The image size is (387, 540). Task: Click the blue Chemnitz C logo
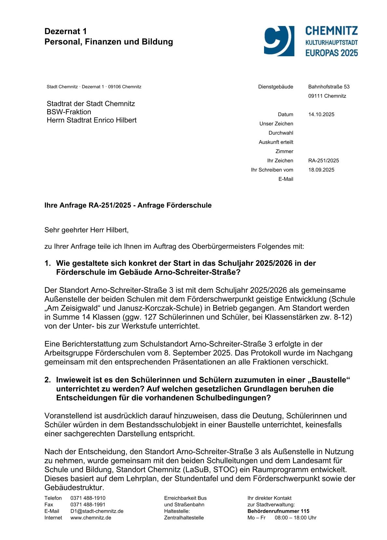pos(279,41)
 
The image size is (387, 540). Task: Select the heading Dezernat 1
pos(66,31)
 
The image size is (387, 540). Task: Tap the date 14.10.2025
pos(321,114)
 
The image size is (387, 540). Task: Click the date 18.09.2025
pos(321,170)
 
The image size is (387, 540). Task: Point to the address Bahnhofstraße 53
pos(329,87)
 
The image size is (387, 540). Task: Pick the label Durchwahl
pos(281,133)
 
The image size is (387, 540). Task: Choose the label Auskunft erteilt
pos(276,142)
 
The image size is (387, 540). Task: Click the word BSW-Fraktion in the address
pos(69,112)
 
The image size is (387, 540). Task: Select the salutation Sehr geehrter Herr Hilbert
pos(86,230)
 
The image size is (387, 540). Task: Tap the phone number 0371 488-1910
pos(88,498)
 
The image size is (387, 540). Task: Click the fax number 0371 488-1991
pos(88,505)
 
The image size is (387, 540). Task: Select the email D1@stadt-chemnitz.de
pos(97,511)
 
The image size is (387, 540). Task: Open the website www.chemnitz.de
pos(91,518)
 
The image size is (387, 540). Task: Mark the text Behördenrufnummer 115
pos(278,511)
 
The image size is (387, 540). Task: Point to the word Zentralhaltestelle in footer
pos(184,518)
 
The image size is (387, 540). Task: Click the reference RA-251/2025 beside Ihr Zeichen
pos(323,161)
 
